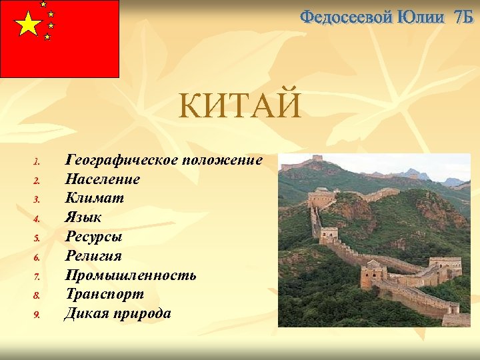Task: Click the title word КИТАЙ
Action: (x=239, y=107)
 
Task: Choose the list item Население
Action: (x=103, y=179)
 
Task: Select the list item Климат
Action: (x=95, y=198)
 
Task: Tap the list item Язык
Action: (x=83, y=217)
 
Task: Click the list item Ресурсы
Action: (x=94, y=237)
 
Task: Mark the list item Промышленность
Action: (x=131, y=275)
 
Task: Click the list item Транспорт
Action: (x=105, y=294)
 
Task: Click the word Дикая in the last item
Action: (x=85, y=313)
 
